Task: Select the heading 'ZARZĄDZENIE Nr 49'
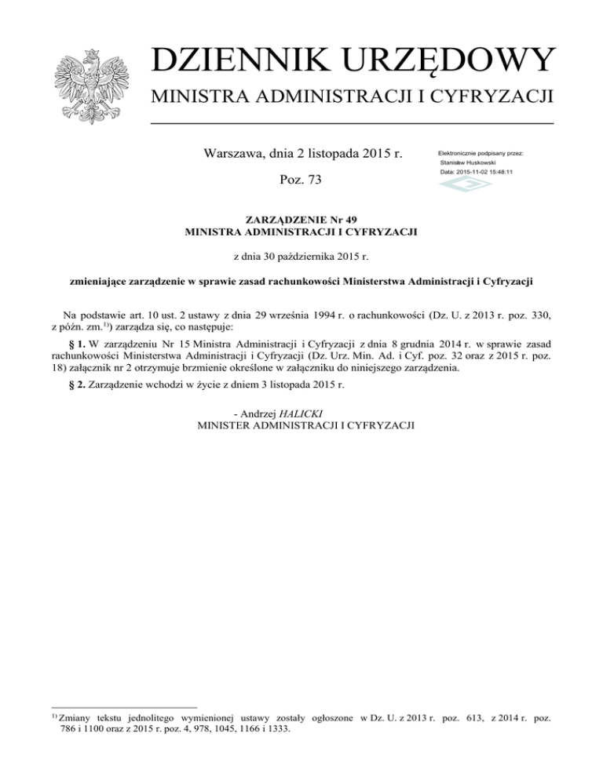[x=301, y=220]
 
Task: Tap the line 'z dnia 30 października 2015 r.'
[x=301, y=256]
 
